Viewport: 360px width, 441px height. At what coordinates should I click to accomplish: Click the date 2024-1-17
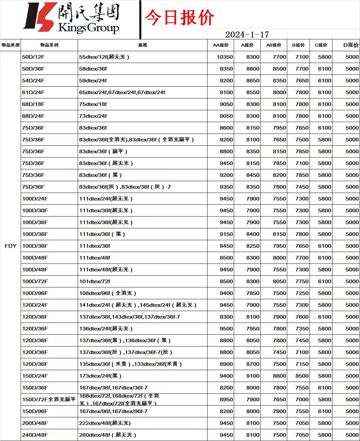pyautogui.click(x=247, y=34)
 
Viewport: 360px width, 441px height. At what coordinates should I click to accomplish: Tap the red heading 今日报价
pyautogui.click(x=179, y=17)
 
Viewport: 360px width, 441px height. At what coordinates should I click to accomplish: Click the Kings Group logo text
pyautogui.click(x=89, y=28)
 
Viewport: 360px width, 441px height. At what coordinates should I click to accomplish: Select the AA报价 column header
pyautogui.click(x=221, y=45)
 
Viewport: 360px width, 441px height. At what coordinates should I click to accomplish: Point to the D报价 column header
pyautogui.click(x=351, y=45)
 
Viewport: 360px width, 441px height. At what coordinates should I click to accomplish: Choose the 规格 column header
pyautogui.click(x=143, y=45)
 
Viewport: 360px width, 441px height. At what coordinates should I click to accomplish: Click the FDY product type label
pyautogui.click(x=10, y=246)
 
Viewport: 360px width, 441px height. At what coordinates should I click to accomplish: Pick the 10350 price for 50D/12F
pyautogui.click(x=225, y=57)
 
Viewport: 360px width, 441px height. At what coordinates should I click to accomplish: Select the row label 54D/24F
pyautogui.click(x=33, y=80)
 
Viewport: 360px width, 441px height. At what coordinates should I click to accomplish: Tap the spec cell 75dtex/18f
pyautogui.click(x=93, y=104)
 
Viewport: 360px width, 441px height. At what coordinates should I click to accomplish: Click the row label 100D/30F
pyautogui.click(x=35, y=210)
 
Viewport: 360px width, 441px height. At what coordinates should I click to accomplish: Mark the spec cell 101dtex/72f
pyautogui.click(x=95, y=281)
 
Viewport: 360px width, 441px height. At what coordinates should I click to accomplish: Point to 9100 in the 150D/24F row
pyautogui.click(x=253, y=376)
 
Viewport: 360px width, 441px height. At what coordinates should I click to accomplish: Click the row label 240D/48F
pyautogui.click(x=35, y=435)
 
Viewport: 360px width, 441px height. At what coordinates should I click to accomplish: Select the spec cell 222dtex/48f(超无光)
pyautogui.click(x=105, y=423)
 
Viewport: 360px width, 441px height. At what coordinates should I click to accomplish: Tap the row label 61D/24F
pyautogui.click(x=33, y=92)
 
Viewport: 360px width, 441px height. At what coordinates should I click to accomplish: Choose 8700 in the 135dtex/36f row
pyautogui.click(x=253, y=364)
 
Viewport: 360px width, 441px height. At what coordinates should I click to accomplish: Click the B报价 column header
pyautogui.click(x=298, y=45)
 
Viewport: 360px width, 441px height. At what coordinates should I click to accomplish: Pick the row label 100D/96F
pyautogui.click(x=35, y=293)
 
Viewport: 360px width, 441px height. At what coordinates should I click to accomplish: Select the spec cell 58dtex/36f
pyautogui.click(x=93, y=69)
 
